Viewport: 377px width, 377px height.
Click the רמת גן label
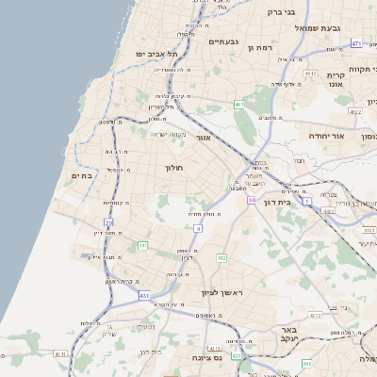point(259,47)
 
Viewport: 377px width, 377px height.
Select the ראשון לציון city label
point(222,293)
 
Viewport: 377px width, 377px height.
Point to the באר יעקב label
point(288,336)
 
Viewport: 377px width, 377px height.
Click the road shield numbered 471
point(356,43)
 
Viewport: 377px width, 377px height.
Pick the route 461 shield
point(240,104)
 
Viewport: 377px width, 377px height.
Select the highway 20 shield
point(109,223)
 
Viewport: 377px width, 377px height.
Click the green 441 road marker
point(143,246)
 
